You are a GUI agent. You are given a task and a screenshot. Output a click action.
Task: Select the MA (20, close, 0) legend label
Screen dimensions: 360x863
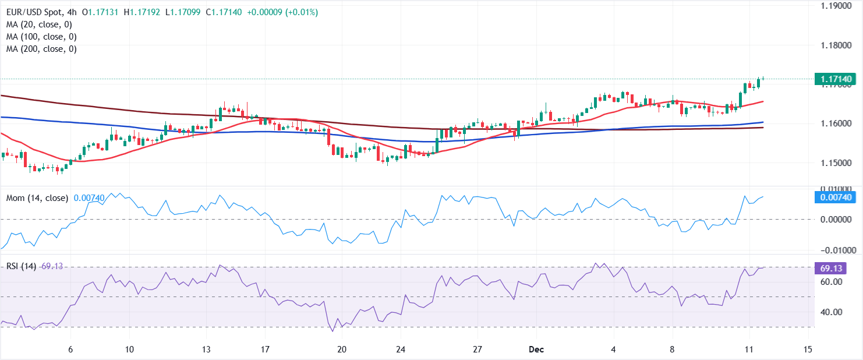click(x=39, y=24)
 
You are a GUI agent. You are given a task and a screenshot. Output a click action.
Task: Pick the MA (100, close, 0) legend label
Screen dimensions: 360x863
click(x=41, y=37)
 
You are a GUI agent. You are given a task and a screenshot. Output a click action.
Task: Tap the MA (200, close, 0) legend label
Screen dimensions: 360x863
click(x=41, y=49)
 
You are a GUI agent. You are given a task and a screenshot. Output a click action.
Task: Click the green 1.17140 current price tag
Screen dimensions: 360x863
click(x=837, y=79)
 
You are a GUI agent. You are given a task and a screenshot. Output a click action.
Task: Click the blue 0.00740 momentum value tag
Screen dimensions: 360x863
click(x=837, y=197)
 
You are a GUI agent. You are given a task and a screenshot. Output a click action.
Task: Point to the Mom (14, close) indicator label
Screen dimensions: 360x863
click(x=37, y=198)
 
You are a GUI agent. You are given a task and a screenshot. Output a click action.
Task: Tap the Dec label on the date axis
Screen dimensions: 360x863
click(x=536, y=350)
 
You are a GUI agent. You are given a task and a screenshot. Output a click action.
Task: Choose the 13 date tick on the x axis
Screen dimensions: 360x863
click(x=206, y=350)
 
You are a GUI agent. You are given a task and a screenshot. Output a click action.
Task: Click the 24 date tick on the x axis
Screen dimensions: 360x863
click(x=399, y=350)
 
